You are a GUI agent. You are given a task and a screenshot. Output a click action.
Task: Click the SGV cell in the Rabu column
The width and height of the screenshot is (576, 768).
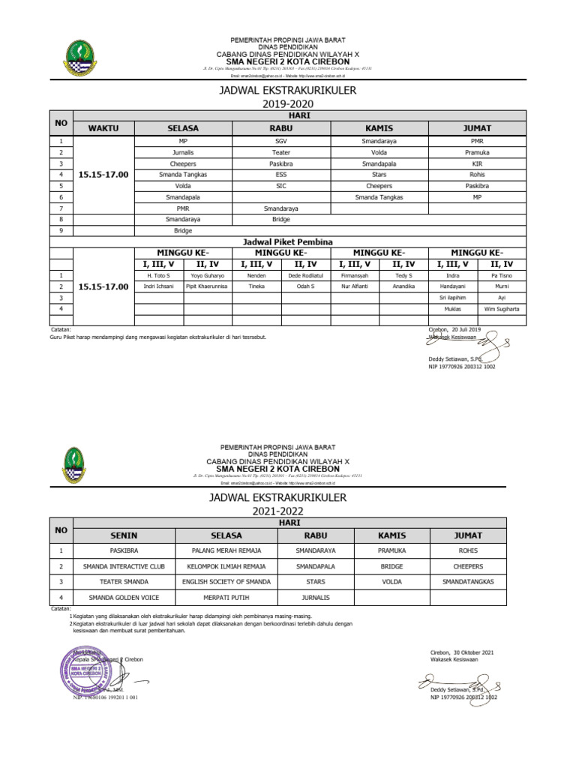point(281,140)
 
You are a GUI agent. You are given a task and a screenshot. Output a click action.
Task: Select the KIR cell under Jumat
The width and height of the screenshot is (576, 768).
point(477,163)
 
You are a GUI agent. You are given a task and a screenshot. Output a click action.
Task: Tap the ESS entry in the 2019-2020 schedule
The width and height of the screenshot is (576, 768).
point(281,174)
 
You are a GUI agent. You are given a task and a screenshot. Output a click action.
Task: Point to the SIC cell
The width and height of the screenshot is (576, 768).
point(281,185)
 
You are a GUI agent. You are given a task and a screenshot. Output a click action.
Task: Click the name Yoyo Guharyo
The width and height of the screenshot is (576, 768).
point(208,275)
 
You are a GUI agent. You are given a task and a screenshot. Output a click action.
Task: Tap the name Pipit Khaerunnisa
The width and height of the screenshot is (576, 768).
point(208,286)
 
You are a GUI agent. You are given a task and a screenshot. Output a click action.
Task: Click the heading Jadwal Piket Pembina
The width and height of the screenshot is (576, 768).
point(281,241)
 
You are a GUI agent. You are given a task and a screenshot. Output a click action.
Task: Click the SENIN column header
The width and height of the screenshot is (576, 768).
point(124,535)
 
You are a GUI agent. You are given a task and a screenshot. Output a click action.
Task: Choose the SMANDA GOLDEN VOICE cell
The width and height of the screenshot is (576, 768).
point(124,598)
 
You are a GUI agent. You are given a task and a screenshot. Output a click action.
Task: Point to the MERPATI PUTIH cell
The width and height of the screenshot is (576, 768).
point(226,598)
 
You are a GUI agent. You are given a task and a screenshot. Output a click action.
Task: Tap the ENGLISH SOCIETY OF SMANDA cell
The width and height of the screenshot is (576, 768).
point(226,581)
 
